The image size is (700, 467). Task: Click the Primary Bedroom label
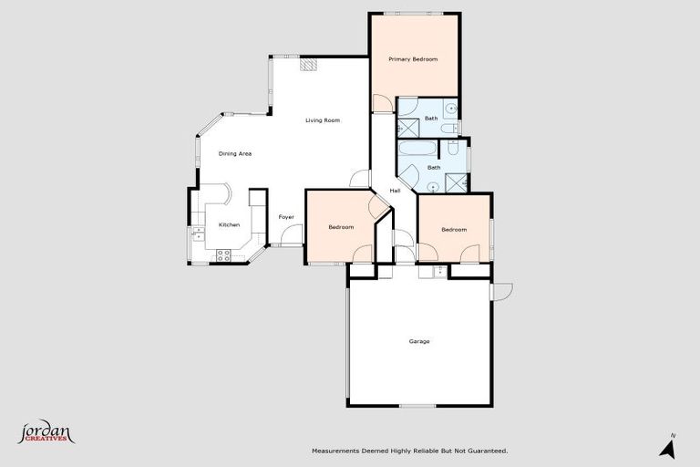pyautogui.click(x=413, y=59)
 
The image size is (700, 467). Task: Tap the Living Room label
pyautogui.click(x=323, y=120)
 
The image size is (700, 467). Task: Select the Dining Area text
pyautogui.click(x=235, y=153)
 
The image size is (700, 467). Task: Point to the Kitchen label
pyautogui.click(x=229, y=224)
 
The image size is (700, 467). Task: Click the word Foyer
pyautogui.click(x=286, y=217)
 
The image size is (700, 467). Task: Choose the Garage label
pyautogui.click(x=419, y=341)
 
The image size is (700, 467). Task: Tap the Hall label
pyautogui.click(x=396, y=191)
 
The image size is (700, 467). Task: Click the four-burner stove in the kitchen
pyautogui.click(x=224, y=254)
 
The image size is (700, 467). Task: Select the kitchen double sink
pyautogui.click(x=196, y=235)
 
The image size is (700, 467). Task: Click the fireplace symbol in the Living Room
pyautogui.click(x=311, y=66)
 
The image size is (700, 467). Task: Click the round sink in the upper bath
pyautogui.click(x=450, y=108)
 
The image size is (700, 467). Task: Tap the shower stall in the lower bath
pyautogui.click(x=457, y=182)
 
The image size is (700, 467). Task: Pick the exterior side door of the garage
pyautogui.click(x=500, y=291)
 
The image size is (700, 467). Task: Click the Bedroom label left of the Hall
pyautogui.click(x=341, y=227)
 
